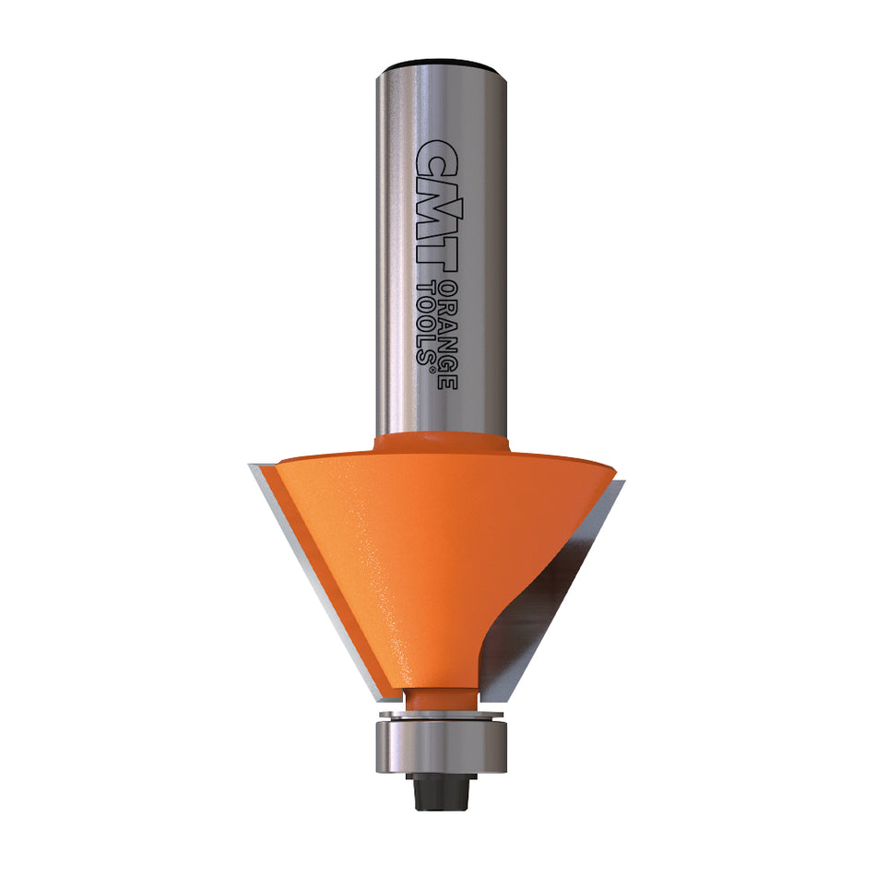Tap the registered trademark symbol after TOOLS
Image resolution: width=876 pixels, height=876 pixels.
430,366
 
